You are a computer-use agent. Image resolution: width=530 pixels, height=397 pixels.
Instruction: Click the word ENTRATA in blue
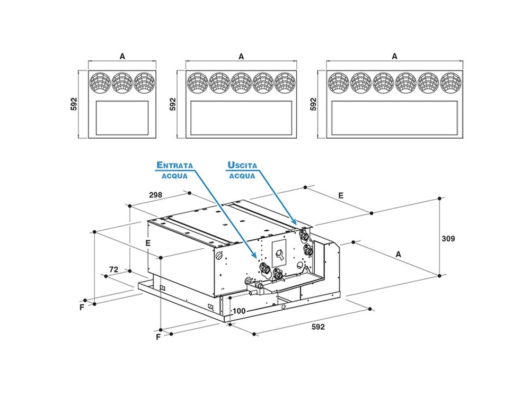click(174, 165)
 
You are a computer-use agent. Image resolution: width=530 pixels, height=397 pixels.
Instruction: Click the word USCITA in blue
click(242, 165)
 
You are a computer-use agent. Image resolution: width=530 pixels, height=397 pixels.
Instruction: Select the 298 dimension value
click(155, 195)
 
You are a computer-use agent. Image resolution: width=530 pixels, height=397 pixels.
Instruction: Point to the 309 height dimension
click(448, 239)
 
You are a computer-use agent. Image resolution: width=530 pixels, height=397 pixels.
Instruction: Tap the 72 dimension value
click(113, 269)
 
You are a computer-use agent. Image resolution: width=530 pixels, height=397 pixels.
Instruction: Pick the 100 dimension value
click(238, 311)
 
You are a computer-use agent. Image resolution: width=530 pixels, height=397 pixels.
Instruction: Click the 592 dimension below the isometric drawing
click(317, 327)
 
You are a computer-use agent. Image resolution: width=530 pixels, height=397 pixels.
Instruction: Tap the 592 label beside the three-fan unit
click(74, 104)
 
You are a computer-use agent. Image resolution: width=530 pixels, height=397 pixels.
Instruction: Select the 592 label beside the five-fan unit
click(173, 104)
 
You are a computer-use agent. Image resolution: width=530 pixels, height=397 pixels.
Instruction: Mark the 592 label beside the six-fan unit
click(313, 104)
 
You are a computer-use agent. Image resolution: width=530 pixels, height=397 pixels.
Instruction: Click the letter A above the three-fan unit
click(122, 56)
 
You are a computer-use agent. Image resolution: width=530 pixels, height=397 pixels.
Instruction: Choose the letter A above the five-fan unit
click(241, 56)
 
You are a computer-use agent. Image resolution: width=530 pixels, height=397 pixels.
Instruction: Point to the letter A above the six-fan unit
click(394, 56)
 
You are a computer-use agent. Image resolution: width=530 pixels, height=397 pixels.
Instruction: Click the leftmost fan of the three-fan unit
click(100, 82)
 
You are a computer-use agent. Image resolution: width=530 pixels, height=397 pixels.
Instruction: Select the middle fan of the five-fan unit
click(241, 82)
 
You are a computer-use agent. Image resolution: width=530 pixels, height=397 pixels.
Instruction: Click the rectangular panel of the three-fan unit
click(122, 117)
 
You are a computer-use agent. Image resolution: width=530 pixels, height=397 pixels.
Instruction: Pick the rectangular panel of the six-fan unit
click(394, 117)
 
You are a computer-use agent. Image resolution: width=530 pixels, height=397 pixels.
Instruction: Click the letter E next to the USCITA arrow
click(341, 195)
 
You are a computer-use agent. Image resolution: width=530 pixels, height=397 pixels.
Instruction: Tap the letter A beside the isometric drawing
click(399, 254)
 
